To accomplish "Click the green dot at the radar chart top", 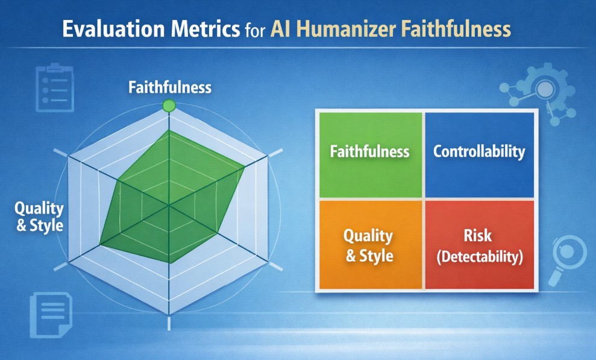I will coord(169,106).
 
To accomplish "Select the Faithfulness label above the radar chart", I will coord(170,87).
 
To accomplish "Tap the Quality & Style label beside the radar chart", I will coord(39,217).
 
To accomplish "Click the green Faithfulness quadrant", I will coord(370,154).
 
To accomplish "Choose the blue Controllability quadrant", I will coord(479,154).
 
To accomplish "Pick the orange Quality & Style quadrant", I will coord(370,245).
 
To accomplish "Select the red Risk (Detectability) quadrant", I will coord(479,245).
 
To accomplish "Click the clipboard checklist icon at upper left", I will coord(54,89).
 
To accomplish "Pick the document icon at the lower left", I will coord(51,315).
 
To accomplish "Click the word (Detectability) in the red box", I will coord(479,257).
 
